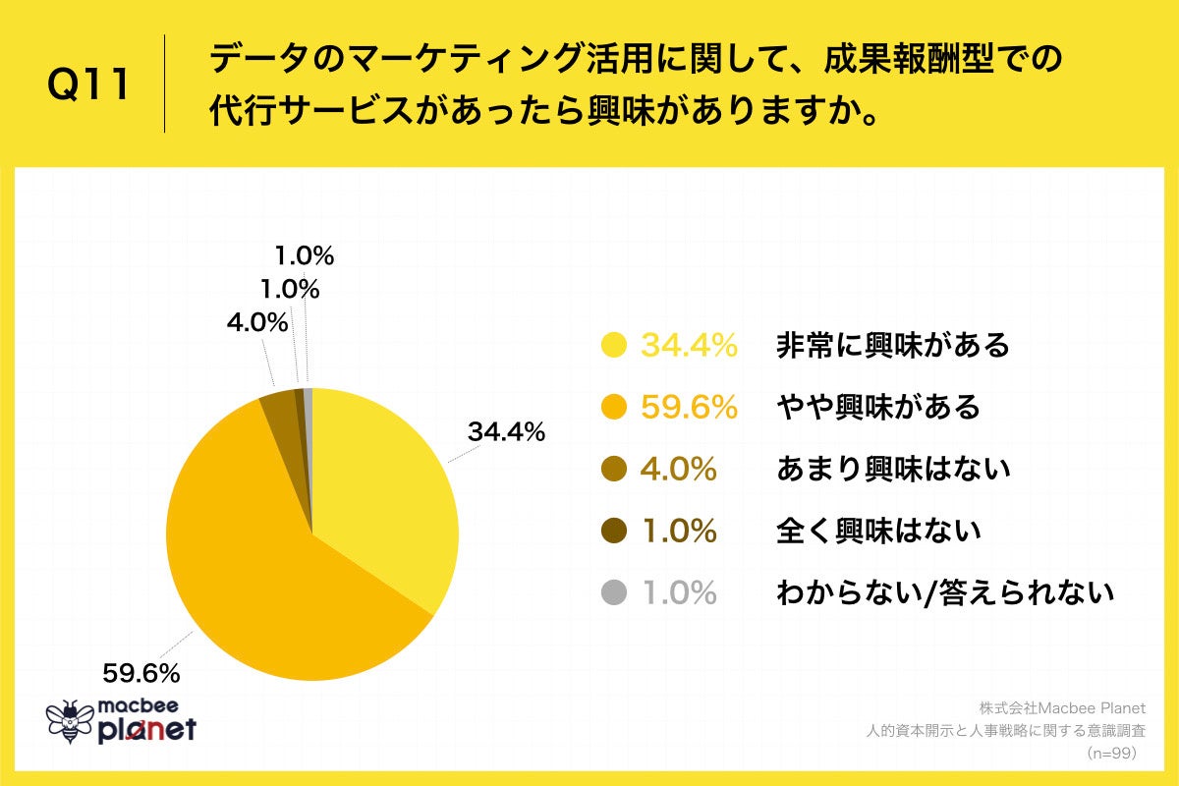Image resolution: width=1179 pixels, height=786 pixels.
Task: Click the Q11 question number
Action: (89, 86)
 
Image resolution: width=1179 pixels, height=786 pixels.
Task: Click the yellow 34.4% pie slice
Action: (383, 491)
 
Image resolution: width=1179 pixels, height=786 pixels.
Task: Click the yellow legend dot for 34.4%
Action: (614, 345)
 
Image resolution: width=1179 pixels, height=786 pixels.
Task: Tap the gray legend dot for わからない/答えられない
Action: (614, 592)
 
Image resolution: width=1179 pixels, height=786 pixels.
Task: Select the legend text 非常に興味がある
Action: (892, 345)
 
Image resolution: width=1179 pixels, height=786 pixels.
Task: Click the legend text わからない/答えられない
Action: (945, 592)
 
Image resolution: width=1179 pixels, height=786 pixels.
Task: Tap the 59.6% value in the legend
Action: (689, 407)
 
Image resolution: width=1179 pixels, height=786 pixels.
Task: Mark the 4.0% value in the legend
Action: (678, 470)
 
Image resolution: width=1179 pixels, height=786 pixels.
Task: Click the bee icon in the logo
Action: (69, 722)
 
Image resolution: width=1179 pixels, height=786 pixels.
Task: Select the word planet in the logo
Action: (147, 730)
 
